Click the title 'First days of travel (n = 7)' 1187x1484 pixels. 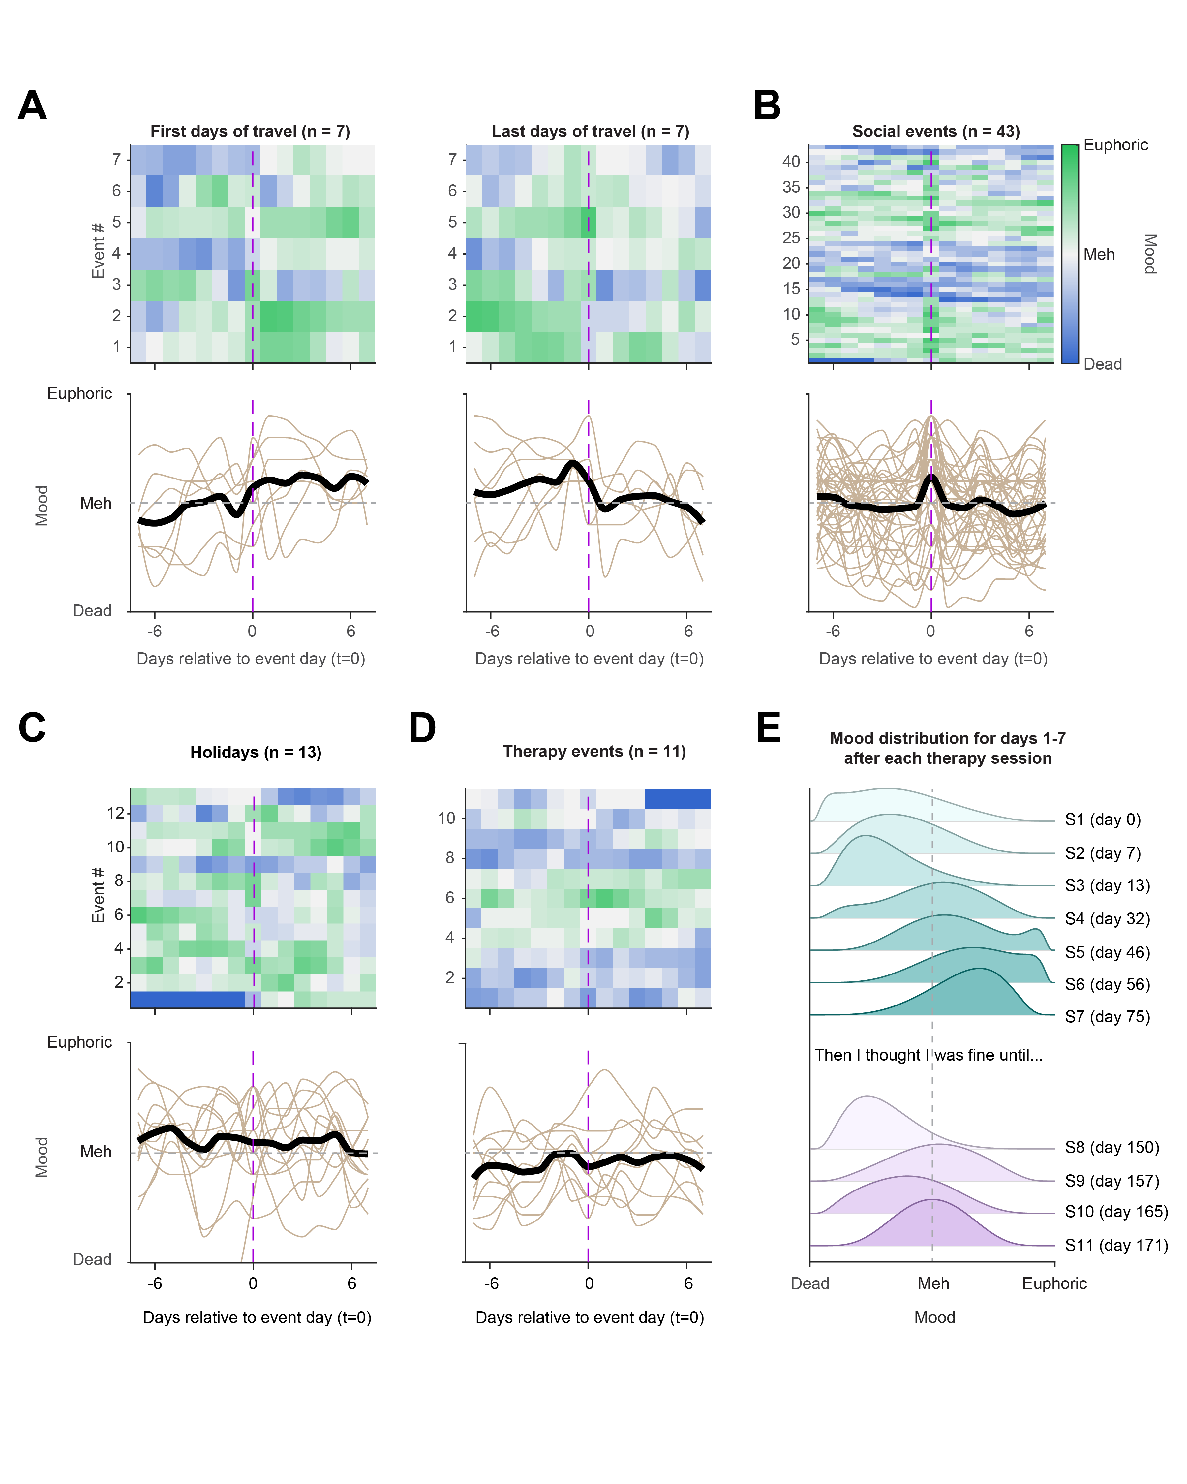click(250, 132)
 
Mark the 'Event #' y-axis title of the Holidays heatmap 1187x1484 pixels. click(98, 895)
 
